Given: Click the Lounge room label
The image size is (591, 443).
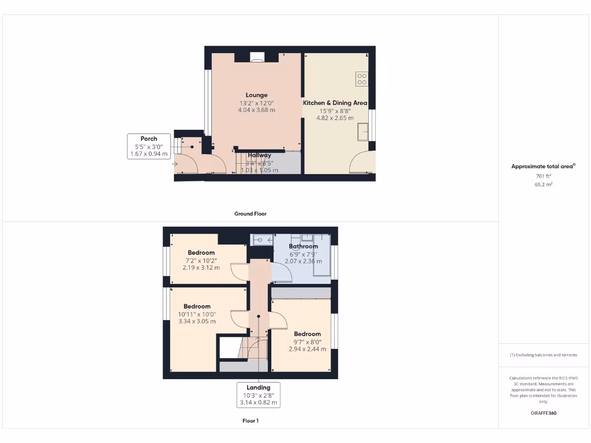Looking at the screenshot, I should [x=256, y=95].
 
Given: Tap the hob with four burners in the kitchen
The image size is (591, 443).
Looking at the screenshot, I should [x=362, y=79].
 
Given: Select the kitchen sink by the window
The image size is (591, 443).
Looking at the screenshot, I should [x=363, y=132].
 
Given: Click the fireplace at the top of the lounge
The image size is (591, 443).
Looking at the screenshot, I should [x=257, y=57].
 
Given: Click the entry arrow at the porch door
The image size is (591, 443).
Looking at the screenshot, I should [x=175, y=164].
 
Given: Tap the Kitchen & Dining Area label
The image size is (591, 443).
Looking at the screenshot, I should [x=335, y=103].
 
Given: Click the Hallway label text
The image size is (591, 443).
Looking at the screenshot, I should [x=259, y=155].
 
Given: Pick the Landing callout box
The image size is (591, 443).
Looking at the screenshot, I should [x=259, y=395].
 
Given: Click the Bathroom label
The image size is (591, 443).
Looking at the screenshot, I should [x=304, y=246].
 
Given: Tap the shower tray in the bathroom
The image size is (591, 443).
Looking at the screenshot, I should [x=263, y=239].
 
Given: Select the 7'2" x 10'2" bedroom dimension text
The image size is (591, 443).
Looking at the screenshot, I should [x=201, y=260].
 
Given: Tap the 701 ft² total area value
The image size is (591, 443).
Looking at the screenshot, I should [x=543, y=177].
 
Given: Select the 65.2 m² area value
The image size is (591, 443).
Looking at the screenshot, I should [x=543, y=185].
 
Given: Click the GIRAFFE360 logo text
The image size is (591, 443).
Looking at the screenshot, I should [x=543, y=413].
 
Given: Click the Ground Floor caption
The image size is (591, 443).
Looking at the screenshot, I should [x=250, y=213].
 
